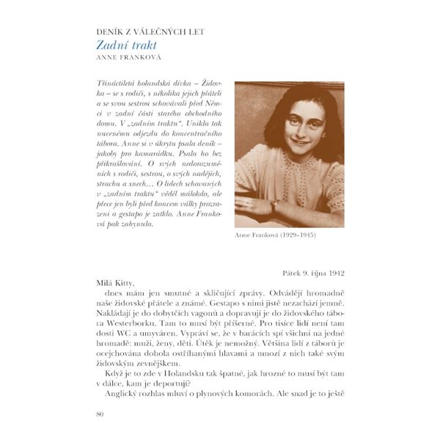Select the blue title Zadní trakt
127,45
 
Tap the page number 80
100,415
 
